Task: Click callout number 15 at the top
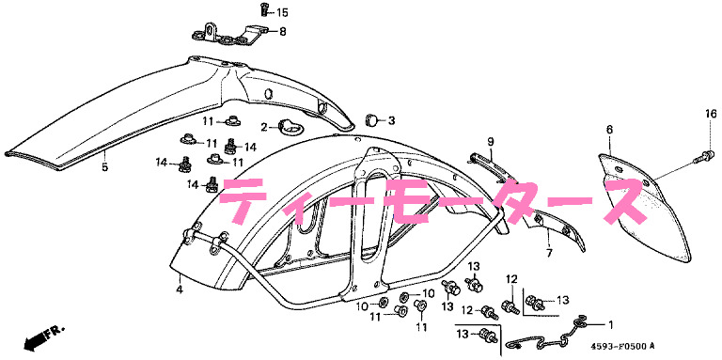[x=283, y=12]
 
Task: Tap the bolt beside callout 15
[x=263, y=10]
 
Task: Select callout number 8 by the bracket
[x=283, y=31]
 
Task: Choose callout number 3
[x=391, y=120]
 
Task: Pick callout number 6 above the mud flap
[x=609, y=130]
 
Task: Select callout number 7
[x=546, y=254]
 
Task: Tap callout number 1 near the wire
[x=607, y=325]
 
